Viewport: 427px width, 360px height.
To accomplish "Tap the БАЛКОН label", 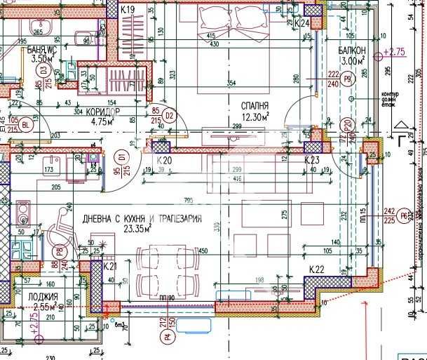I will tap(349, 51).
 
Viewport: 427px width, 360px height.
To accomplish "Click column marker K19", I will tap(128, 10).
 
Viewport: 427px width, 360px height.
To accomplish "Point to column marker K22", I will tap(318, 269).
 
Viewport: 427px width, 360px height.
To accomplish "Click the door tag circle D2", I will tap(168, 113).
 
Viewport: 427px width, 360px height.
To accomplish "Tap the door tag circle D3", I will tap(43, 70).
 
